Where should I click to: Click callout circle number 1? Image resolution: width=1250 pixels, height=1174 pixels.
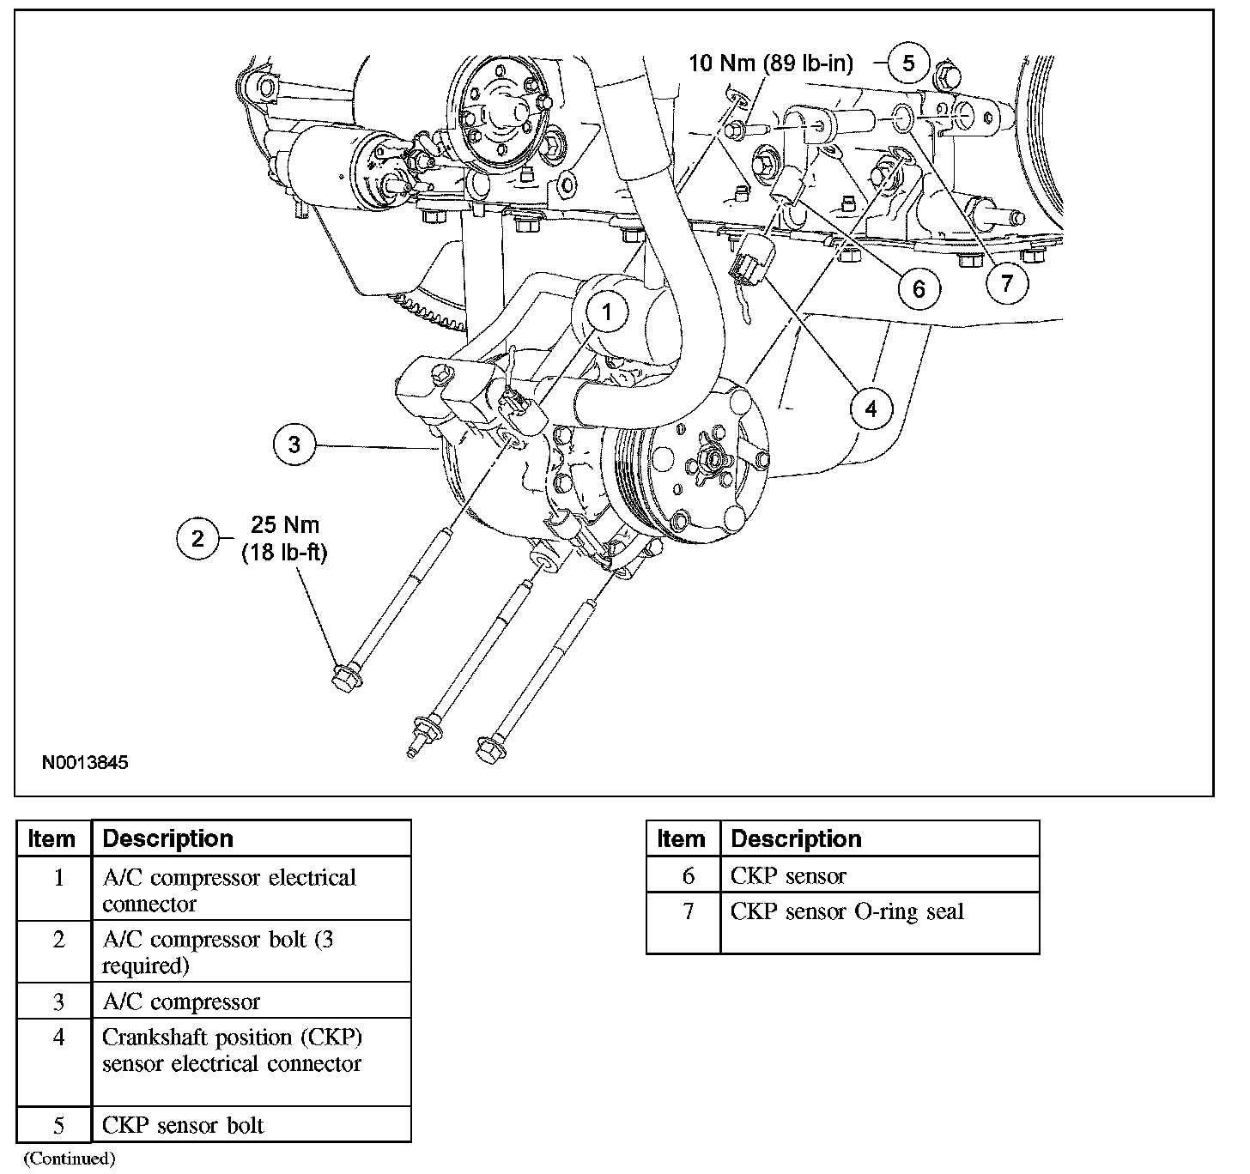tap(607, 312)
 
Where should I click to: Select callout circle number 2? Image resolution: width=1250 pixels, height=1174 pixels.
tap(198, 539)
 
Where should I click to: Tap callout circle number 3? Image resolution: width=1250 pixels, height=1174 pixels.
tap(294, 445)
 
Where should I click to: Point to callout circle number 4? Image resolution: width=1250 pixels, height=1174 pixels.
tap(871, 408)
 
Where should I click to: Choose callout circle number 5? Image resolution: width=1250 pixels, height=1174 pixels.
tap(908, 63)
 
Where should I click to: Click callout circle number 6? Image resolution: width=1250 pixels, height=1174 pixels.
tap(919, 287)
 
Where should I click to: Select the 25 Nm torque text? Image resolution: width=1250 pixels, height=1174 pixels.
tap(285, 524)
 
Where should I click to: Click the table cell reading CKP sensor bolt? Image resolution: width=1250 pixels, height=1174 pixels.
tap(183, 1125)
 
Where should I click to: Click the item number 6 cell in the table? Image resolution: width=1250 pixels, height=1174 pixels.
tap(687, 876)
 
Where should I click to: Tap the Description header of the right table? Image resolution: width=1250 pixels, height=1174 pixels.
tap(796, 838)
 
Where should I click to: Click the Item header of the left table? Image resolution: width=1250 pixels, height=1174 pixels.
tap(52, 838)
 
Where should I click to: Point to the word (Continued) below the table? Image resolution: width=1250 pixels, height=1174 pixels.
tap(69, 1159)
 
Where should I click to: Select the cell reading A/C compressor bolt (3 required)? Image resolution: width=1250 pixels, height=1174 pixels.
tap(218, 952)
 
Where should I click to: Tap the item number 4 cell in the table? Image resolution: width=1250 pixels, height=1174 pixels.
tap(58, 1038)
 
